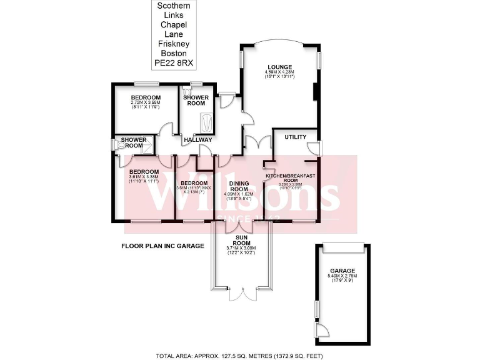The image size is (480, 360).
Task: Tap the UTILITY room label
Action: tap(295, 136)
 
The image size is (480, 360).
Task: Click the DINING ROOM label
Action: tap(239, 186)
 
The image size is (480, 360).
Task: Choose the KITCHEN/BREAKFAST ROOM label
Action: tap(289, 177)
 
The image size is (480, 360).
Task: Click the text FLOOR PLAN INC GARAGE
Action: tap(162, 246)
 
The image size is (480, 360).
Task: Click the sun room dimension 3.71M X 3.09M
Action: tap(241, 248)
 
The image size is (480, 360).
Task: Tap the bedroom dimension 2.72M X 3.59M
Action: tap(146, 104)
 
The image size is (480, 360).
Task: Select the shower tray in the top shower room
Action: tap(204, 119)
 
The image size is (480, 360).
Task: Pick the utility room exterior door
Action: tap(316, 147)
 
